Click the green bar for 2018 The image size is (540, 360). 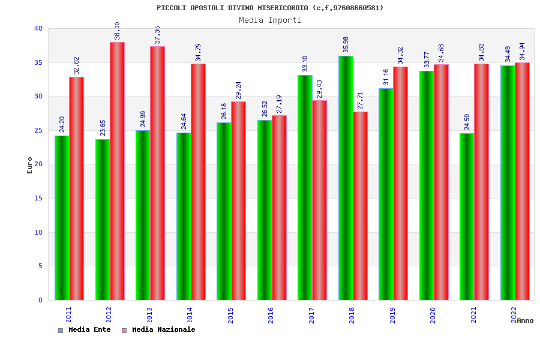tap(346, 178)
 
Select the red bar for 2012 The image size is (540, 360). tap(117, 171)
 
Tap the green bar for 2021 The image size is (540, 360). tap(467, 217)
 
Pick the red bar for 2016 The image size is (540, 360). tap(279, 208)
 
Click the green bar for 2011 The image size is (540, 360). tap(62, 218)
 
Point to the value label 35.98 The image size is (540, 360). tap(346, 44)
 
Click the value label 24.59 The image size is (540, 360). tap(467, 122)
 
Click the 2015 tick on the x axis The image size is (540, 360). tap(231, 315)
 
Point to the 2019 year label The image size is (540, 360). tap(393, 315)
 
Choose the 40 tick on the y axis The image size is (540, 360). tap(38, 28)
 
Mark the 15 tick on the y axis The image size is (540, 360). tap(38, 198)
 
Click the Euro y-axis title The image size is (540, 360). tap(30, 165)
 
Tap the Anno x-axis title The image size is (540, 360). tap(525, 320)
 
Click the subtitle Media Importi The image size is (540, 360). tap(270, 20)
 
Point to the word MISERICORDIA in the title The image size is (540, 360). tap(284, 8)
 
